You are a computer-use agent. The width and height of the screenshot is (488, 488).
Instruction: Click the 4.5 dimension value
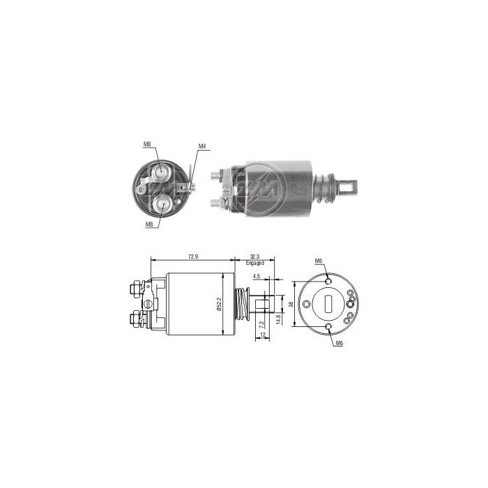coord(257,276)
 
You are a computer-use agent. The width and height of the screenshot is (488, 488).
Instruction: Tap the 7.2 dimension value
coord(261,324)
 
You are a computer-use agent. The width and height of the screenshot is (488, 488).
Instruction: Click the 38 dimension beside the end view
coord(290,304)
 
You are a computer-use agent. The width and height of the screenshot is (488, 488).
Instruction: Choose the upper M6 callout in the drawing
coord(318,261)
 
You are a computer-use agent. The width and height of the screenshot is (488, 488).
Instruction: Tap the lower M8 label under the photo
coord(148,224)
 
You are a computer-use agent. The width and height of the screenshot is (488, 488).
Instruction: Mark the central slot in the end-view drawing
coord(328,304)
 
